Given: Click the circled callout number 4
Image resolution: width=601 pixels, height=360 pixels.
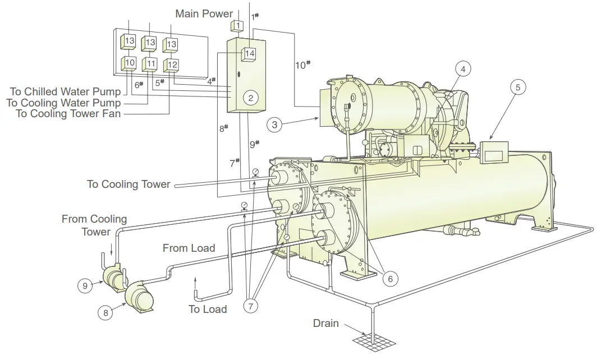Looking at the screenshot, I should (462, 69).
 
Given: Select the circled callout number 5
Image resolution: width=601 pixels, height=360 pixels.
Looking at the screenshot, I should (517, 87).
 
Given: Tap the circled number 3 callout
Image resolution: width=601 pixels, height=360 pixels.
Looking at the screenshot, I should (274, 124).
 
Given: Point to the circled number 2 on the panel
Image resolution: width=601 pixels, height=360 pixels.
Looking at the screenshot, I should (251, 98).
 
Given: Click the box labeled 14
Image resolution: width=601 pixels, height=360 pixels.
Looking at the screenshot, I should (249, 53).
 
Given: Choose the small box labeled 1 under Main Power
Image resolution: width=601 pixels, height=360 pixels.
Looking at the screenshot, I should (238, 25).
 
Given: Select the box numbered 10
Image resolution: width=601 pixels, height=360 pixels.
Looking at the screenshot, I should (130, 63).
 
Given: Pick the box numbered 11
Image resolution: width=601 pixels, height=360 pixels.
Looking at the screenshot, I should (150, 64).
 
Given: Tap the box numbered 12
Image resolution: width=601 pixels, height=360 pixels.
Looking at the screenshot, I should (172, 65).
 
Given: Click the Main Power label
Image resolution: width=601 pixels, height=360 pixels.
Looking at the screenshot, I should (204, 13).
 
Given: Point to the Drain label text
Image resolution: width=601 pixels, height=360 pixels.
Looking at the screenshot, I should (325, 324).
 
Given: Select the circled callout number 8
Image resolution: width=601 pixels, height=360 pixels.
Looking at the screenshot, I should (105, 313).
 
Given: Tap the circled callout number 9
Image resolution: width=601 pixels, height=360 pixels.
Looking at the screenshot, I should (85, 285).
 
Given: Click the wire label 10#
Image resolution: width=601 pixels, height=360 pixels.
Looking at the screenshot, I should (302, 64).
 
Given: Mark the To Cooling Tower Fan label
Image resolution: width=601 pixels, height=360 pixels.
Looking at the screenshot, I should (68, 114).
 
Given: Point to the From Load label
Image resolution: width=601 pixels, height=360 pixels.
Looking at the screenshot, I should (189, 248).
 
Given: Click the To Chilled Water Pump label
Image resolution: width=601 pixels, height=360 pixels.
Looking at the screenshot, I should (65, 91).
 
